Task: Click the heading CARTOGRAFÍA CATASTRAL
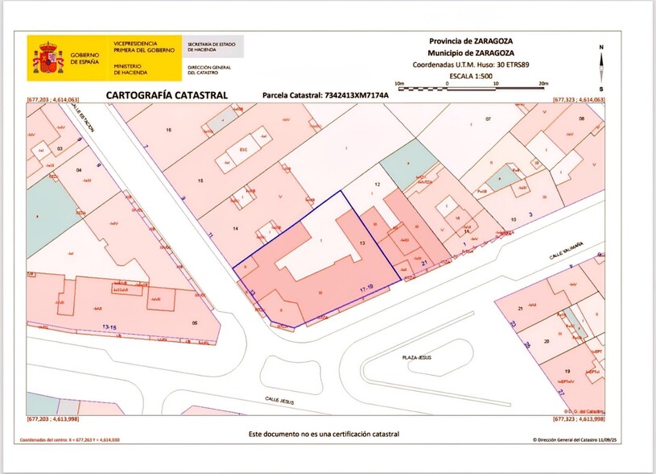[167, 95]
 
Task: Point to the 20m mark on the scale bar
[543, 83]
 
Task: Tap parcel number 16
[168, 130]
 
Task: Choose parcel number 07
[487, 119]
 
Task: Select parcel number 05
[194, 322]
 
